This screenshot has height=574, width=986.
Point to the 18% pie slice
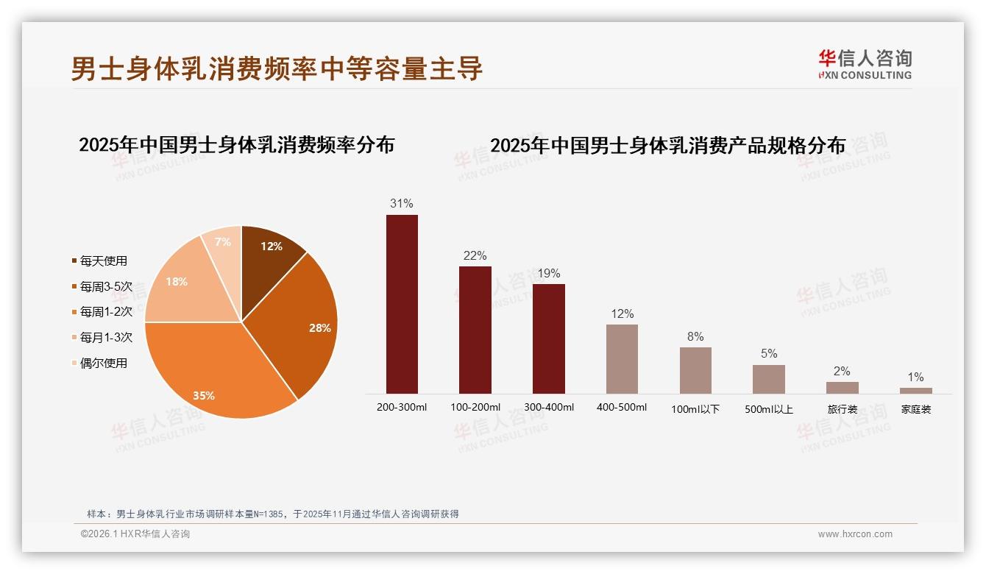coord(180,287)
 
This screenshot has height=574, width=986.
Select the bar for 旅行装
coord(842,388)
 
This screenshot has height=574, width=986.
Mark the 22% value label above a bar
coord(475,256)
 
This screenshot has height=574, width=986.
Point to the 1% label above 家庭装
coord(915,378)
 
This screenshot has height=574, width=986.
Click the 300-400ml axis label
coord(548,407)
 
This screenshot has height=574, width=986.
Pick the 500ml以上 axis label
coord(769,409)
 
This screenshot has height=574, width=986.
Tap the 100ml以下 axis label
coord(695,409)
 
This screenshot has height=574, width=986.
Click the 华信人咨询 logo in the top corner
coord(865,64)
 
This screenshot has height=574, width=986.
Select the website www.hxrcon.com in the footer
coord(855,534)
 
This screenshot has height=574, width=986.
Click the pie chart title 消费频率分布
coord(237,145)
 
